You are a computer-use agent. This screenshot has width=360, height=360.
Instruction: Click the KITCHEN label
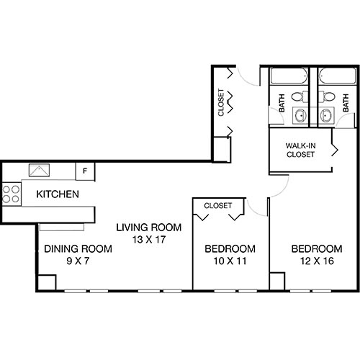point(57,194)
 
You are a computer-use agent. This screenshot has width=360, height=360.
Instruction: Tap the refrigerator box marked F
point(85,171)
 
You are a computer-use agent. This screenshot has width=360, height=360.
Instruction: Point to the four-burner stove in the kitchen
point(12,193)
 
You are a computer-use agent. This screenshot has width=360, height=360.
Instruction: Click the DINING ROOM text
point(78,249)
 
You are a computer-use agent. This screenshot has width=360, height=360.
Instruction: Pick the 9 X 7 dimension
point(78,262)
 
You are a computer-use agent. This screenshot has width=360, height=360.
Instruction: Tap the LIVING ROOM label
point(149,228)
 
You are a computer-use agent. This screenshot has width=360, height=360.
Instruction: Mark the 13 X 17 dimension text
point(149,240)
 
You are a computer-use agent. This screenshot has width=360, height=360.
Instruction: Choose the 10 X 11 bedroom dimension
point(226,262)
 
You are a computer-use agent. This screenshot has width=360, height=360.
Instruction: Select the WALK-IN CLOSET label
point(301,148)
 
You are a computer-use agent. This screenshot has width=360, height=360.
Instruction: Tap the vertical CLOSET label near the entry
point(222,102)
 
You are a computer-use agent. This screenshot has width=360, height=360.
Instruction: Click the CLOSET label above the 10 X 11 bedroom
point(218,206)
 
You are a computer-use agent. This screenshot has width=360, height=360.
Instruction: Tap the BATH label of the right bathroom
point(346,105)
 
